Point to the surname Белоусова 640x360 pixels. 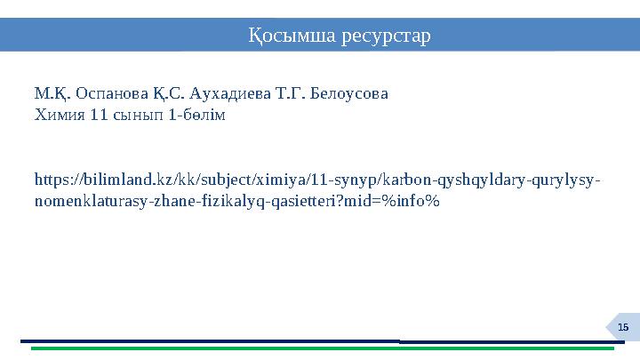351,92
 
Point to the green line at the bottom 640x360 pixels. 320,348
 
